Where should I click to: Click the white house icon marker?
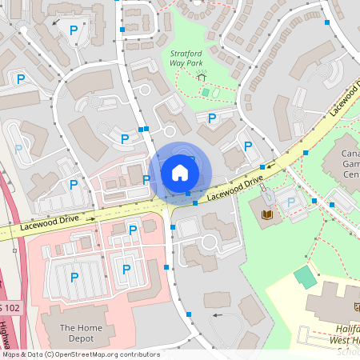180,172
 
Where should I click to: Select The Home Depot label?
78,334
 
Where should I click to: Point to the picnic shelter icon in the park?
202,76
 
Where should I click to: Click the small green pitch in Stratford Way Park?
206,93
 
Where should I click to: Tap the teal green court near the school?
305,278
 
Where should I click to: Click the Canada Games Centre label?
350,163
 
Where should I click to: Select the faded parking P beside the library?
292,203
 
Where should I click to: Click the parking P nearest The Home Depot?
74,278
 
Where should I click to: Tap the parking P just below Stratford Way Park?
212,118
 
